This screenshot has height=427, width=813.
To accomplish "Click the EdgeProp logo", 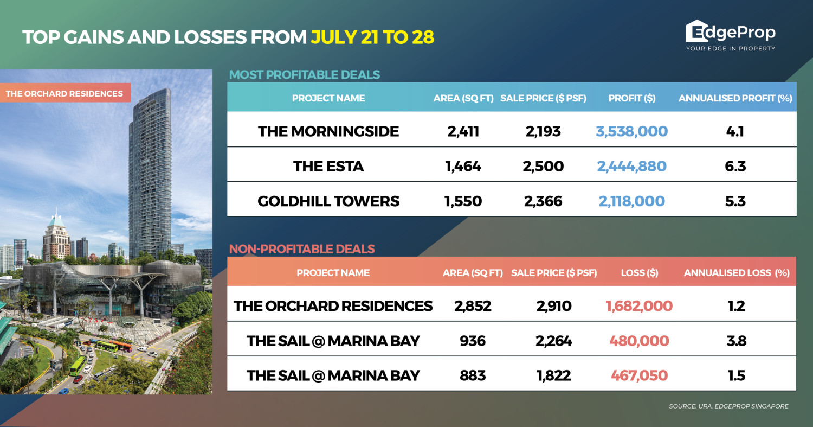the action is (x=730, y=35).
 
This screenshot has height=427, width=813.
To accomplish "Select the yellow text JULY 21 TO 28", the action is (x=372, y=37).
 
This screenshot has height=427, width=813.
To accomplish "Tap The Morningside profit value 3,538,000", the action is (x=631, y=131).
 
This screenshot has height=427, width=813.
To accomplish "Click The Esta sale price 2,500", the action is (x=543, y=166).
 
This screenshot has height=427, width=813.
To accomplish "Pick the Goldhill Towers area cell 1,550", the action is (x=463, y=201).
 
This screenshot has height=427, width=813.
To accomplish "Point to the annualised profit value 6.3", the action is (x=735, y=166).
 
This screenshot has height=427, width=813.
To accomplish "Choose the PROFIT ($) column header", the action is (x=632, y=98).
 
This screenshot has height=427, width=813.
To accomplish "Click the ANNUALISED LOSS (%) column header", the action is (x=737, y=273).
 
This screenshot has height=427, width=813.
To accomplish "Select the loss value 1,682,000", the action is (x=639, y=306).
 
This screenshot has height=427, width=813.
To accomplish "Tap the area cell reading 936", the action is (x=473, y=341).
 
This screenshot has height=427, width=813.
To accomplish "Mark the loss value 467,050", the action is (x=639, y=375).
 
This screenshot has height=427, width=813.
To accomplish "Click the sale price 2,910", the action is (x=554, y=306).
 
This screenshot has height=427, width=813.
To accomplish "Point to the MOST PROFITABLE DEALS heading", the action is (x=305, y=74).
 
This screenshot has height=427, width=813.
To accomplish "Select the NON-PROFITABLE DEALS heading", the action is (x=302, y=249).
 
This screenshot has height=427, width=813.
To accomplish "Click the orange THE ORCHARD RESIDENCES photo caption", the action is (x=64, y=93).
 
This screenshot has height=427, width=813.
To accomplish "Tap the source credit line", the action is (x=729, y=406).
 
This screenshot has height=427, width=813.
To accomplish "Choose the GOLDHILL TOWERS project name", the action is (x=328, y=201).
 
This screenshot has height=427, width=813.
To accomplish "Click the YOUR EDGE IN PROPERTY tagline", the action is (x=731, y=48).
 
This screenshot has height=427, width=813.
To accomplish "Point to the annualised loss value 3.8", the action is (x=737, y=341).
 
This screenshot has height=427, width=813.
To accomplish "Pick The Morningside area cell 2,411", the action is (x=463, y=131).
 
